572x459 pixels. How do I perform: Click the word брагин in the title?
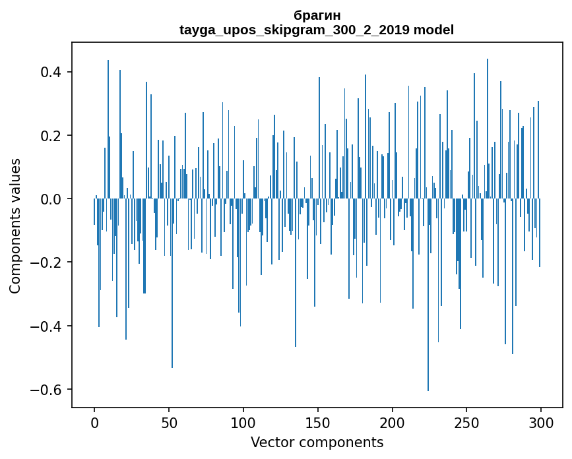coord(317,15)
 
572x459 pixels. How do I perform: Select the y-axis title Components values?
coord(15,226)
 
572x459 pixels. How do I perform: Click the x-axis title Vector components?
coord(317,443)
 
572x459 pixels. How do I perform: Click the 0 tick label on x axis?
coord(94,423)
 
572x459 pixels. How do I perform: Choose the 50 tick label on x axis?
coord(169,423)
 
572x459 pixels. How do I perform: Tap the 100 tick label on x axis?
coord(243,423)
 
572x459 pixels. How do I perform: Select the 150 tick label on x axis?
coord(318,423)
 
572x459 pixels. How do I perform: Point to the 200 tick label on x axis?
coord(393,423)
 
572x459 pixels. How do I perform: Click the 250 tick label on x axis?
coord(466,423)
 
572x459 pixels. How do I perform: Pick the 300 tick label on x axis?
coord(541,423)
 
